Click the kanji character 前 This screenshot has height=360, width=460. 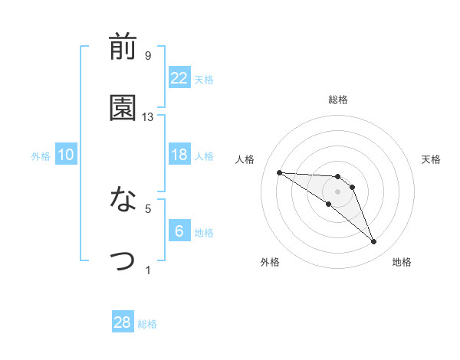click(123, 47)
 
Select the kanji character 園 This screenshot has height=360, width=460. click(123, 108)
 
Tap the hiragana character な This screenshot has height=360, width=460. click(123, 200)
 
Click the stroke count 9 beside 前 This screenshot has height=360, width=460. click(147, 56)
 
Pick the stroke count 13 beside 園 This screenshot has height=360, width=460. click(148, 117)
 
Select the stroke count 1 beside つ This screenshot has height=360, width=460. click(147, 270)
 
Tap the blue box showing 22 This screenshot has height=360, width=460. click(179, 77)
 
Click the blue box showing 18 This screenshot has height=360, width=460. click(179, 155)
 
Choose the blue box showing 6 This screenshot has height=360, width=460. click(179, 231)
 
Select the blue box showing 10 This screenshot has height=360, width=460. click(66, 155)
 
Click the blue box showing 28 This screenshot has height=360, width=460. click(123, 322)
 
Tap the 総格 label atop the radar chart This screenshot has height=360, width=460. click(338, 100)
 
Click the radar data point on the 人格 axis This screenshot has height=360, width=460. click(279, 172)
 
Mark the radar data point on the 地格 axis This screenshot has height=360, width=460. click(374, 242)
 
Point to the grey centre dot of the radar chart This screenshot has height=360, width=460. click(337, 191)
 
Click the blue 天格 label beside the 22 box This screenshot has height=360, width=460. click(204, 79)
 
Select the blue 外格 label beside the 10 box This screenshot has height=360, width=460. click(41, 156)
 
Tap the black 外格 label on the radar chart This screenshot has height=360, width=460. click(270, 262)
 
